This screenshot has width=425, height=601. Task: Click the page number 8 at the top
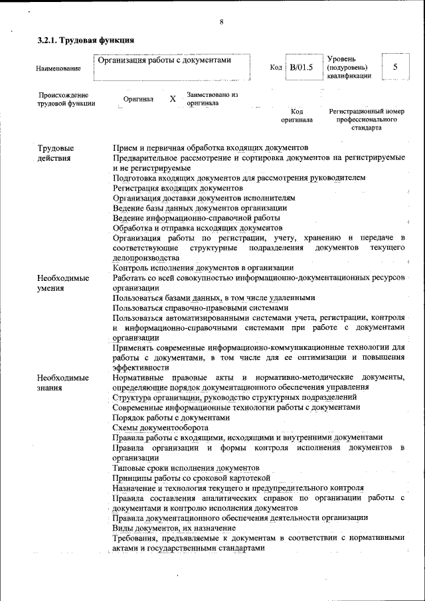click(220, 23)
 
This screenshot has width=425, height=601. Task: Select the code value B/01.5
click(301, 67)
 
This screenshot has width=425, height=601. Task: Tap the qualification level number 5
click(396, 67)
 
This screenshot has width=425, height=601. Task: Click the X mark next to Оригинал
click(172, 99)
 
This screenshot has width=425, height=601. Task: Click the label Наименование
click(58, 68)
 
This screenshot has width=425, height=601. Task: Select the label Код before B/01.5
click(276, 68)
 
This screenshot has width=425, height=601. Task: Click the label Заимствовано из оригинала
click(212, 99)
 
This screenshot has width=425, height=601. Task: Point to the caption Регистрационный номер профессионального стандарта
click(367, 119)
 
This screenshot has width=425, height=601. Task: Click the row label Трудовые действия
click(56, 153)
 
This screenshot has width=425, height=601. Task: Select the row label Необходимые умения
click(63, 283)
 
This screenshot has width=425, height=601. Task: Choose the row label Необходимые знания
click(63, 382)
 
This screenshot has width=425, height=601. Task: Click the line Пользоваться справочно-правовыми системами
click(201, 308)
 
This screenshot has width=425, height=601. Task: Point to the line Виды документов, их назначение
click(175, 527)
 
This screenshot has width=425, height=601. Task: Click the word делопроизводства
click(145, 258)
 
